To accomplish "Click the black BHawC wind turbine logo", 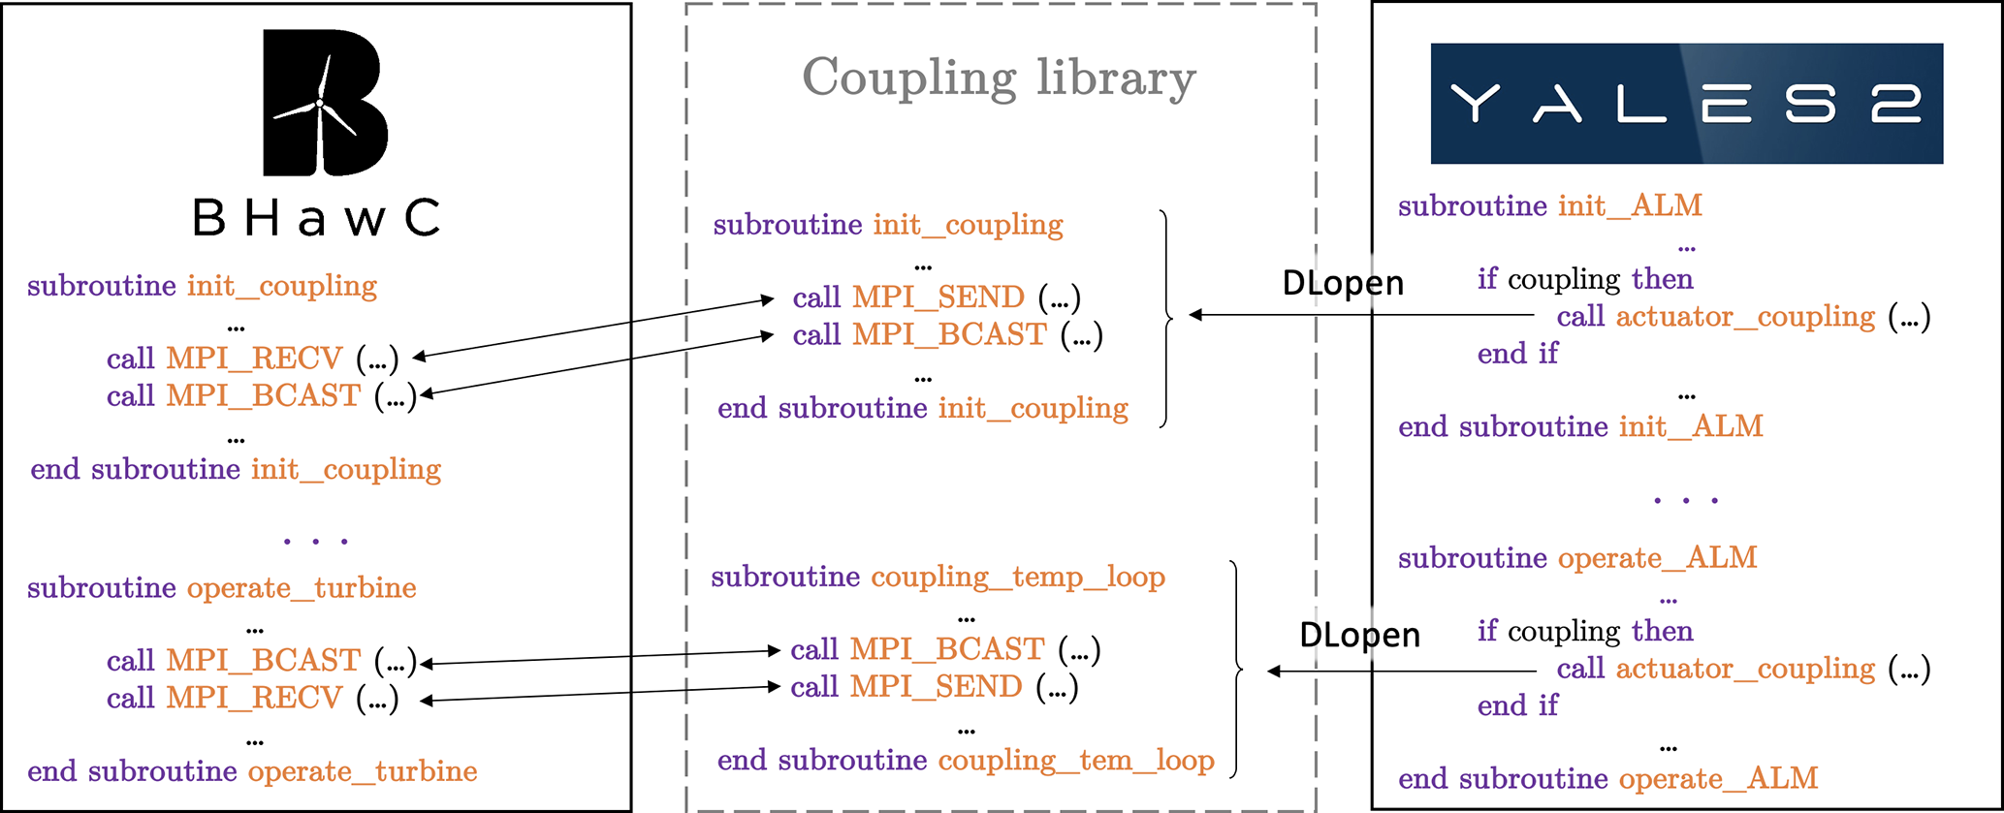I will pyautogui.click(x=325, y=103).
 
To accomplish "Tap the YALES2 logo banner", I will pyautogui.click(x=1686, y=103).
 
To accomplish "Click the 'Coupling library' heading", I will pyautogui.click(x=999, y=78).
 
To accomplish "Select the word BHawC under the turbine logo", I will pyautogui.click(x=316, y=218).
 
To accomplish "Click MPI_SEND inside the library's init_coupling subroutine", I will pyautogui.click(x=938, y=297).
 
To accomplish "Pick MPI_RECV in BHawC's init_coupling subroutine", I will pyautogui.click(x=254, y=359).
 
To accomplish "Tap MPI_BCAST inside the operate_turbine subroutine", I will pyautogui.click(x=264, y=660).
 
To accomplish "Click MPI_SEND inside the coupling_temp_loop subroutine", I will pyautogui.click(x=936, y=687).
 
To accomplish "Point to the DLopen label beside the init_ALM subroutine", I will pyautogui.click(x=1343, y=283).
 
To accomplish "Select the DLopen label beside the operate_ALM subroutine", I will pyautogui.click(x=1359, y=636).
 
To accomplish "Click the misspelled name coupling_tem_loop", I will pyautogui.click(x=1076, y=761).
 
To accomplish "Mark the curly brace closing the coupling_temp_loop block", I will pyautogui.click(x=1237, y=669).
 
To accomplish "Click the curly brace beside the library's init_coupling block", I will pyautogui.click(x=1165, y=317).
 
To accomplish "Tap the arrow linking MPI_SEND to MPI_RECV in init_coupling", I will pyautogui.click(x=593, y=328).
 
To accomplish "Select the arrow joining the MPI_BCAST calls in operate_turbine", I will pyautogui.click(x=601, y=657).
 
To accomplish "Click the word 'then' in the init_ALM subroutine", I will pyautogui.click(x=1662, y=279).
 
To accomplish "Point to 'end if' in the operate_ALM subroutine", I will pyautogui.click(x=1517, y=706).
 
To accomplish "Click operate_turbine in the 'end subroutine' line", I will pyautogui.click(x=363, y=771).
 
